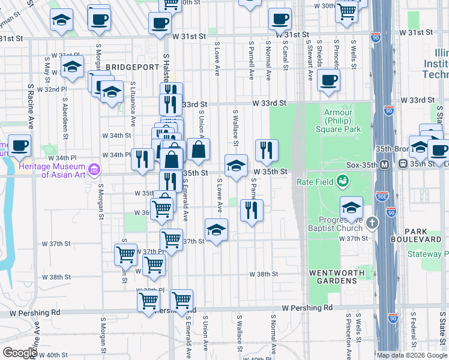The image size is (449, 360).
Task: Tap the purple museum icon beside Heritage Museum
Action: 94,170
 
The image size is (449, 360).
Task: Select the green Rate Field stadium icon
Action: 342,179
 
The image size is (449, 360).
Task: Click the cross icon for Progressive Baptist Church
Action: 372,223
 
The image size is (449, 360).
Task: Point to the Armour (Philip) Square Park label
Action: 343,121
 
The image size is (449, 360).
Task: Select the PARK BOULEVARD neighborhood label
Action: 423,235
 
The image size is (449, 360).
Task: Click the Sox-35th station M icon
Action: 386,164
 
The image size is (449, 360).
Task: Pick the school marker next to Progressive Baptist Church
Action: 351,208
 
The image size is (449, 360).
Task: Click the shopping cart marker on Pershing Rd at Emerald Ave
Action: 181,299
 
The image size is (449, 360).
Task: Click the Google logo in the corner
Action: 20,353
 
